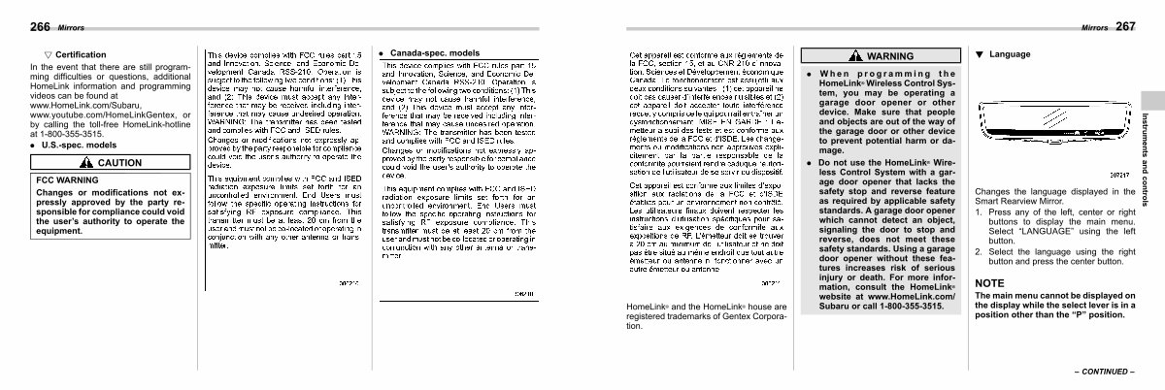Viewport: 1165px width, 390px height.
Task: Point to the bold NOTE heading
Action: (x=990, y=282)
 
